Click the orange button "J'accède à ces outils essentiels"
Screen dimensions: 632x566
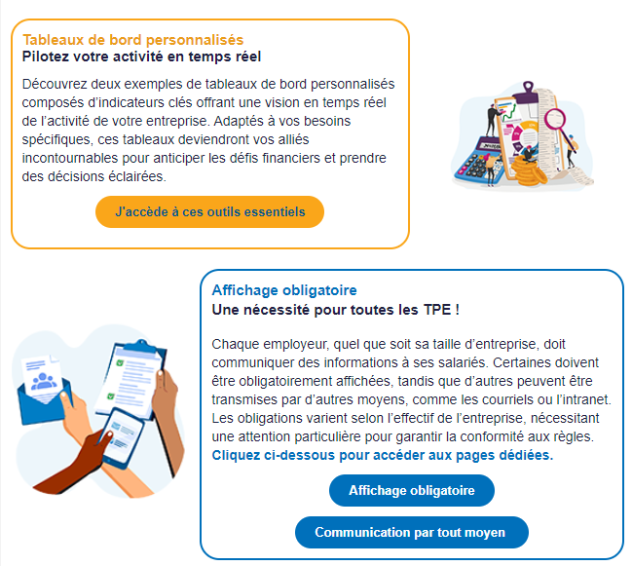click(209, 212)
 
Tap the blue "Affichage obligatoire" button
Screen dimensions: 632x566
click(412, 490)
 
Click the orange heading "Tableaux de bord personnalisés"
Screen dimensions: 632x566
click(133, 40)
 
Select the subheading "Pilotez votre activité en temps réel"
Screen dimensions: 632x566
click(141, 57)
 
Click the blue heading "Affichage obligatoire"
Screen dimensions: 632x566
click(284, 290)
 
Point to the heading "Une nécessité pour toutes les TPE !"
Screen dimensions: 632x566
click(335, 310)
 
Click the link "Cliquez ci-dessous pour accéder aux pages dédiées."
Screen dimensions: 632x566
click(383, 455)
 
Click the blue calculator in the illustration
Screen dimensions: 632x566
click(477, 159)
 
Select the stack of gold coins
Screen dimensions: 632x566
click(528, 170)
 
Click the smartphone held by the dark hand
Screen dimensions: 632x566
click(122, 438)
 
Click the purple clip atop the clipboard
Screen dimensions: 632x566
click(527, 94)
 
